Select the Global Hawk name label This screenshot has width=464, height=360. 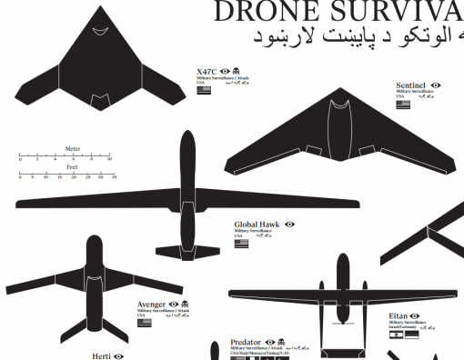pos(256,224)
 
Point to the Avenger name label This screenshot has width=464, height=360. pos(150,304)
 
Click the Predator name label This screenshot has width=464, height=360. pos(246,342)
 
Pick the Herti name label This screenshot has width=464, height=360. pos(102,355)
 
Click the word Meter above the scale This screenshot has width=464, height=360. pos(73,148)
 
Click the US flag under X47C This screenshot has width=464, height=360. pos(203,90)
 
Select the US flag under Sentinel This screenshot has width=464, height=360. pos(402,104)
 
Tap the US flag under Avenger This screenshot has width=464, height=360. pos(142,321)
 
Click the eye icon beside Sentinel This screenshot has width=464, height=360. pos(436,85)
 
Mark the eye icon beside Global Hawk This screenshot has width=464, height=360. pos(289,224)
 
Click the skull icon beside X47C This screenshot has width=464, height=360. pos(237,71)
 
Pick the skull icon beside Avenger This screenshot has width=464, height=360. pos(184,304)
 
